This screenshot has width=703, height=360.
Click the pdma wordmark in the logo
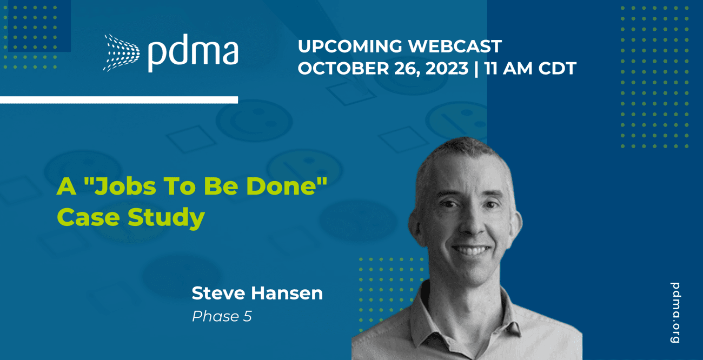193,53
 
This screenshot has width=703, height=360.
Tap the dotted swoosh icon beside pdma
122,52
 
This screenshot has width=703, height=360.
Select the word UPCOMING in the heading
350,46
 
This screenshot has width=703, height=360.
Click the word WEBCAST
455,46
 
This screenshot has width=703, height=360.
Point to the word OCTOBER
343,68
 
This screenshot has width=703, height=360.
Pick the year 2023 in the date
447,68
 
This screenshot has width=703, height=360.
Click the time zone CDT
558,68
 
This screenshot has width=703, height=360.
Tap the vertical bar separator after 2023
476,69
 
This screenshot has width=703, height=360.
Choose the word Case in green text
89,217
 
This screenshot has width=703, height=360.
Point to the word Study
167,218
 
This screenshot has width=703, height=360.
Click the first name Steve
218,293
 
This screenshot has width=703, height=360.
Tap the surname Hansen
287,293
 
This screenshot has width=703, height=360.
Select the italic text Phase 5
222,316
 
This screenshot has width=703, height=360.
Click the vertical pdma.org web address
675,312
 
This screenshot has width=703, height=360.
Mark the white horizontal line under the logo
119,100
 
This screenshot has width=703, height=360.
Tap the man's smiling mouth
472,250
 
